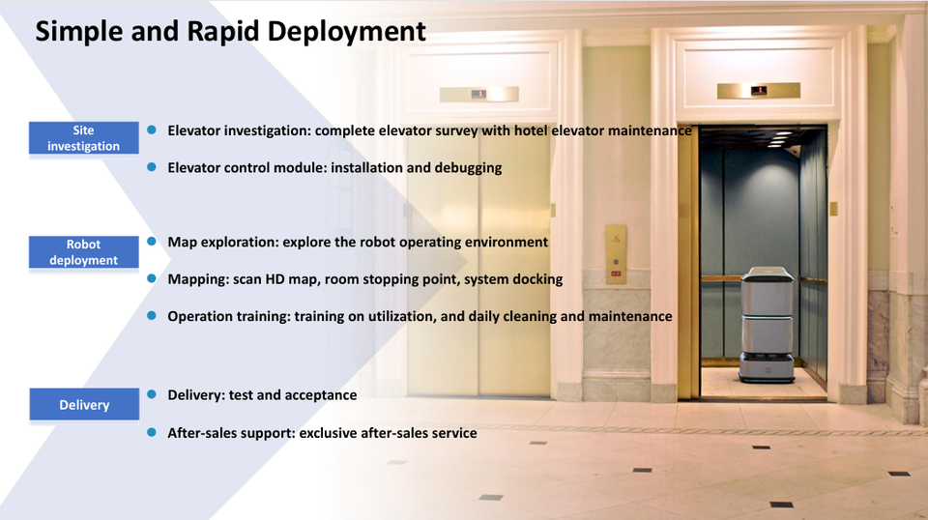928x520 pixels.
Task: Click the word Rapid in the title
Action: coord(223,32)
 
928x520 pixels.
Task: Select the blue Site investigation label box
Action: coord(83,138)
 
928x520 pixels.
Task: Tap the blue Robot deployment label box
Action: coord(83,252)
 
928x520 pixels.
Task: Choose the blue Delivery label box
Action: coord(84,405)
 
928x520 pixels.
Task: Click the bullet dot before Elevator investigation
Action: coord(152,130)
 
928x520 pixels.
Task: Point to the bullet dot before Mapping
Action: coord(152,278)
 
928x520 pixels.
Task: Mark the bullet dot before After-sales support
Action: coord(152,432)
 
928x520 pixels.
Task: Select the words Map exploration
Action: coord(222,242)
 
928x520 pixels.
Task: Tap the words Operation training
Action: coord(228,316)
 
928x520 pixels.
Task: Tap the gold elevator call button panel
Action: coord(616,254)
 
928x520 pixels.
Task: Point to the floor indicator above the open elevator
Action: coord(759,91)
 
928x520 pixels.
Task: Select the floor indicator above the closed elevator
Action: coord(478,94)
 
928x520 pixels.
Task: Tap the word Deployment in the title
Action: coord(346,32)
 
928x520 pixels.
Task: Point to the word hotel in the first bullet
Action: coord(531,130)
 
